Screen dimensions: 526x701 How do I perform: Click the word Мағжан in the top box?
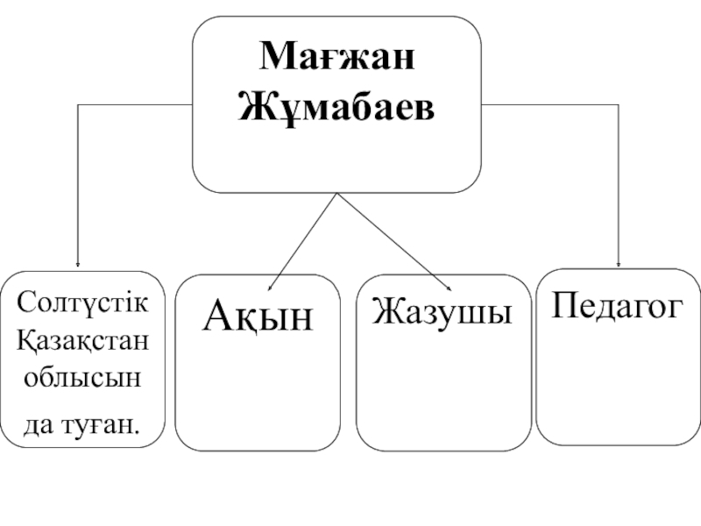pos(337,59)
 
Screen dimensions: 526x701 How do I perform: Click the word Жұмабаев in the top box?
pos(337,109)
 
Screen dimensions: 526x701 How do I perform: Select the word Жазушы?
pos(442,311)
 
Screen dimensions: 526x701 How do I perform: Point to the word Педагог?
pos(617,306)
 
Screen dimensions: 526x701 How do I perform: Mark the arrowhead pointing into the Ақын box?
pos(271,286)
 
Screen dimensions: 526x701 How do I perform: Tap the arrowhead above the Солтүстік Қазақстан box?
pos(78,263)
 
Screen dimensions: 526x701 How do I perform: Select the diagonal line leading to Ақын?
pos(302,241)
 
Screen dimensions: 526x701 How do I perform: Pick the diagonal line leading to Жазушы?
pos(394,241)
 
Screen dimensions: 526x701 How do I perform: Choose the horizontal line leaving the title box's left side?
pos(136,105)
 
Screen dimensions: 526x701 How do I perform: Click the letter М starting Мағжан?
pos(273,59)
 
